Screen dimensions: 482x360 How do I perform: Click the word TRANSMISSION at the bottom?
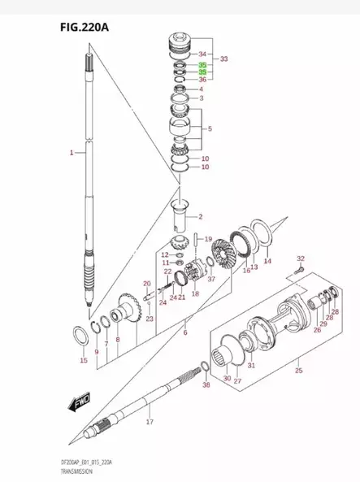pyautogui.click(x=34, y=471)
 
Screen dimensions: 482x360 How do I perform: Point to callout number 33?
pyautogui.click(x=224, y=59)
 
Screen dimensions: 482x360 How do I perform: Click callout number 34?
pyautogui.click(x=202, y=54)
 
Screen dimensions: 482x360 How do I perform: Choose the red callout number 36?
pyautogui.click(x=202, y=80)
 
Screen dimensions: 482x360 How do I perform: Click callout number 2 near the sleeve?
pyautogui.click(x=200, y=216)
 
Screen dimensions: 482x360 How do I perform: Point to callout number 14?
pyautogui.click(x=267, y=261)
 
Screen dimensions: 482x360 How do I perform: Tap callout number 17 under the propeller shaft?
pyautogui.click(x=149, y=423)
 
